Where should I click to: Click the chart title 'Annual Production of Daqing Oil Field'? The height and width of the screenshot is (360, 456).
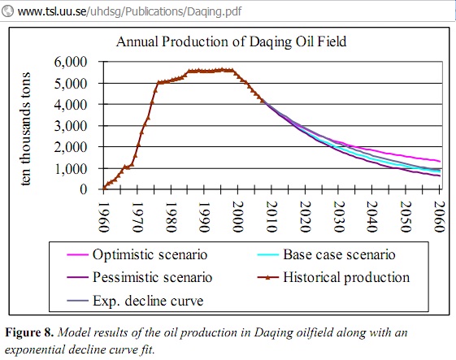pos(231,41)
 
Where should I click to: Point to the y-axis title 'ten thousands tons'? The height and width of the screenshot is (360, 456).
pos(25,128)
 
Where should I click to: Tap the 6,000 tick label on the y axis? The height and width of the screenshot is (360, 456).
pos(71,62)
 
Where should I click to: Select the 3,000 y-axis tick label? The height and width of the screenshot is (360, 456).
pos(71,126)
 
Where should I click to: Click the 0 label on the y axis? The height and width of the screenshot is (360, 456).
pos(84,189)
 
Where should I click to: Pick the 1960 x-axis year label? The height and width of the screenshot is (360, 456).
pos(104,217)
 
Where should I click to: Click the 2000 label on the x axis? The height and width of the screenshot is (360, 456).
pos(238,217)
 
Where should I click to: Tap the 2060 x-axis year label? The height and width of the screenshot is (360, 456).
pos(439,217)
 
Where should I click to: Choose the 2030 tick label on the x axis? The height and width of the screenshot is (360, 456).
pos(338,217)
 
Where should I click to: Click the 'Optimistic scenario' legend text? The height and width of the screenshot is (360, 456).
pos(150,254)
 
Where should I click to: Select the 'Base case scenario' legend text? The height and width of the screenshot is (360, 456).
pos(339,254)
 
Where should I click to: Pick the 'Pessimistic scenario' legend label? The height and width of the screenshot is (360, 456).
pos(152,277)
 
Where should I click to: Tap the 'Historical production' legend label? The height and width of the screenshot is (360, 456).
pos(346,277)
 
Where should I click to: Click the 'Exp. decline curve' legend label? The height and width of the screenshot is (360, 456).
pos(148,301)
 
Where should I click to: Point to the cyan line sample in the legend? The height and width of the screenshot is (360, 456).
pos(268,254)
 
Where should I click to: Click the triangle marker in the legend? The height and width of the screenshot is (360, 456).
pos(268,277)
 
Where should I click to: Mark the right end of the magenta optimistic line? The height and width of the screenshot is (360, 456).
pos(441,162)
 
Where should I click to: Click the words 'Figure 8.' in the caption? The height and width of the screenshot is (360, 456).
pos(29,332)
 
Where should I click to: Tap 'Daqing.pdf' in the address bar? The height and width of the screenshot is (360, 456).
pos(215,11)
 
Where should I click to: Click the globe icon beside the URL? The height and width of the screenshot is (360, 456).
pos(7,11)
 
